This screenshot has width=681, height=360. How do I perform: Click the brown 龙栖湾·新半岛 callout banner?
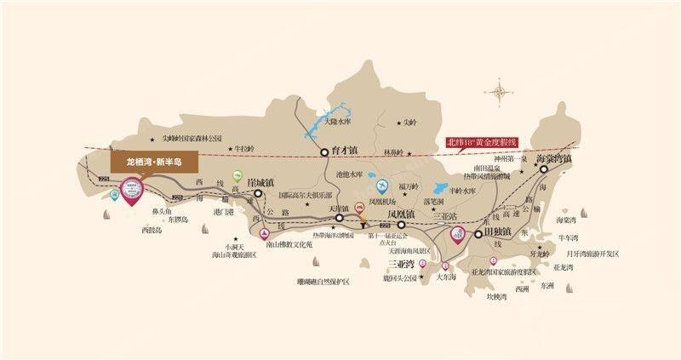pyautogui.click(x=154, y=161)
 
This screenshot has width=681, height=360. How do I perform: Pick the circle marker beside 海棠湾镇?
pyautogui.click(x=542, y=169)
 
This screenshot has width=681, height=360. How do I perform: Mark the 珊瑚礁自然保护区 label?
pyautogui.click(x=323, y=281)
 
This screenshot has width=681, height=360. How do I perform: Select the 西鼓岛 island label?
pyautogui.click(x=154, y=230)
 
